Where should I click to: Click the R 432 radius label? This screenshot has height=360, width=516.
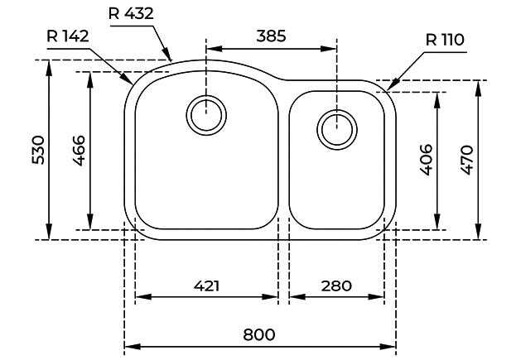pyautogui.click(x=131, y=13)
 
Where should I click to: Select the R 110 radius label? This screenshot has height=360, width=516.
pyautogui.click(x=445, y=40)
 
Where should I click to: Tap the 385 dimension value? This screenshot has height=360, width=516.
pyautogui.click(x=271, y=36)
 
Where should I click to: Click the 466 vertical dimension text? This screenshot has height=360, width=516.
pyautogui.click(x=79, y=151)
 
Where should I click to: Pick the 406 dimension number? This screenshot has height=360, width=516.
pyautogui.click(x=427, y=160)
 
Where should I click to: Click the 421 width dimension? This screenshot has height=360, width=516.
pyautogui.click(x=206, y=286)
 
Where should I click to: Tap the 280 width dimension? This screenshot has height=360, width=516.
pyautogui.click(x=335, y=286)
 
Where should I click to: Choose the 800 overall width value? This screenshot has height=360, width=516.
pyautogui.click(x=259, y=334)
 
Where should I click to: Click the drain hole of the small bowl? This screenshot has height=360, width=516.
pyautogui.click(x=336, y=128)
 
